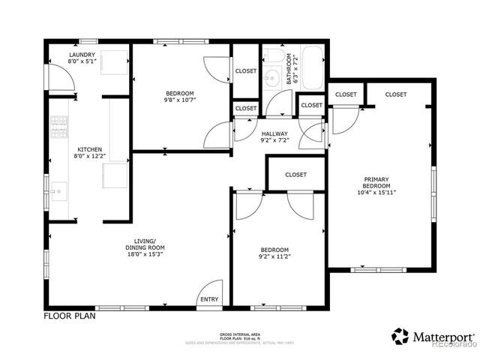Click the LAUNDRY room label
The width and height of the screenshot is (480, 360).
[x=82, y=55]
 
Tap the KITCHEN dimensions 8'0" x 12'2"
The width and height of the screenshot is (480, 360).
[x=88, y=156]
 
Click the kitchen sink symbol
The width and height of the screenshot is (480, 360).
[x=59, y=187]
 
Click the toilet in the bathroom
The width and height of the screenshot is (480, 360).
[x=274, y=56]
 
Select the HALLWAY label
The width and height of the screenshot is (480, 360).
[x=274, y=133]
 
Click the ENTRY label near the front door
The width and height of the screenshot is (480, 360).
[x=209, y=299]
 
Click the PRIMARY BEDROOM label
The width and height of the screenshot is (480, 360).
[x=376, y=182]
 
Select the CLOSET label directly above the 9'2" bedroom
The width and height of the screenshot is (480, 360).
[x=295, y=175]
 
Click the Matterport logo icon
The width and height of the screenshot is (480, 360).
[x=400, y=336]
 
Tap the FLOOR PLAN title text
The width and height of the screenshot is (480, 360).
[x=70, y=316]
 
